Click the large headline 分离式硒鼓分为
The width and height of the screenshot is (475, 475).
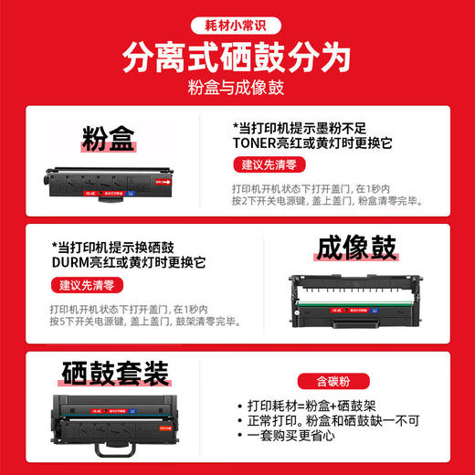[237, 58]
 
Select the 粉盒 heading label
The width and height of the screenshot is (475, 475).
[107, 140]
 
